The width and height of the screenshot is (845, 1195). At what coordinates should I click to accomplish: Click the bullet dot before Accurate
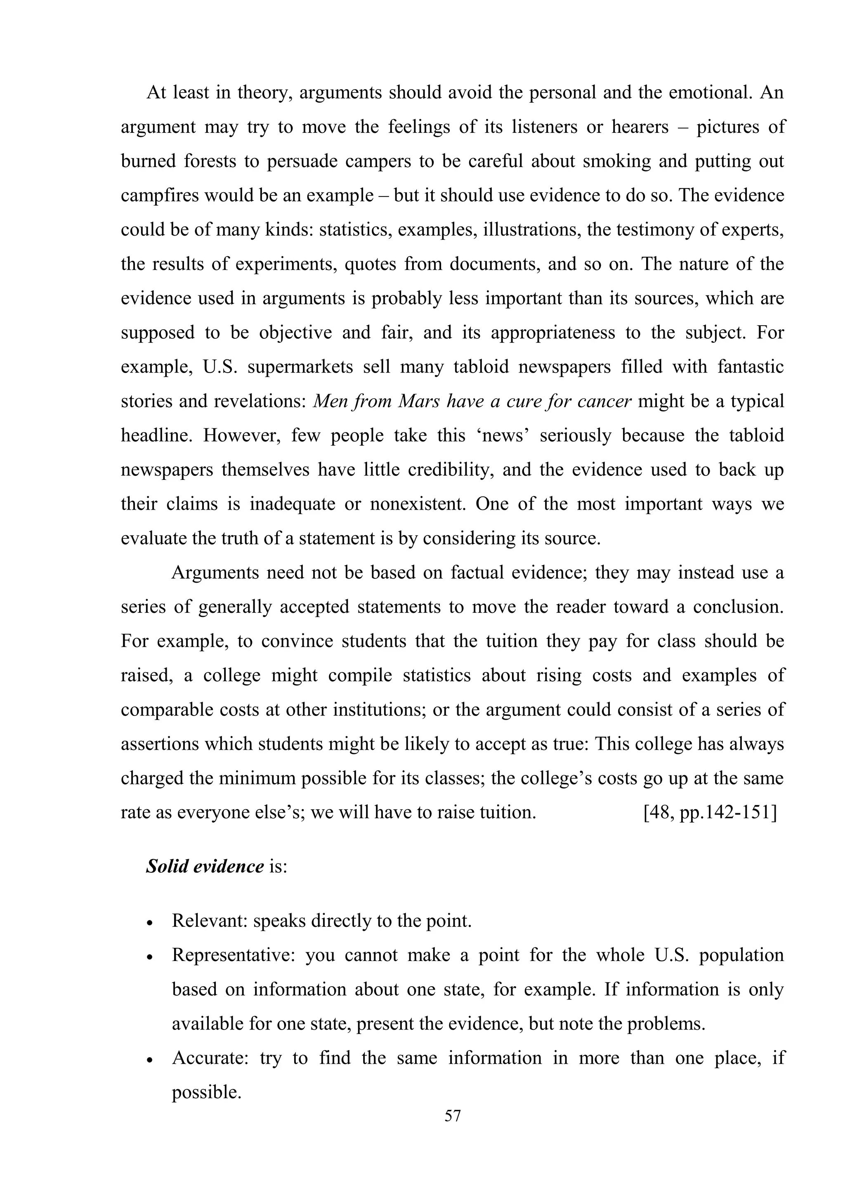150,1060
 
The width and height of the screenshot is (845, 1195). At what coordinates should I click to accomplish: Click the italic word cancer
608,401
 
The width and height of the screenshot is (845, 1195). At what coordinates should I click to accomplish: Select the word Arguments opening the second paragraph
215,572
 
